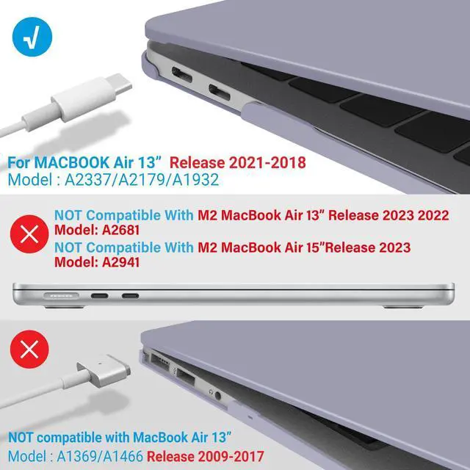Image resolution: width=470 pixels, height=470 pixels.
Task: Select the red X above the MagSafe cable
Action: (x=30, y=348)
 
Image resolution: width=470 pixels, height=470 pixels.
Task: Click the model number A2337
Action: (x=86, y=179)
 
